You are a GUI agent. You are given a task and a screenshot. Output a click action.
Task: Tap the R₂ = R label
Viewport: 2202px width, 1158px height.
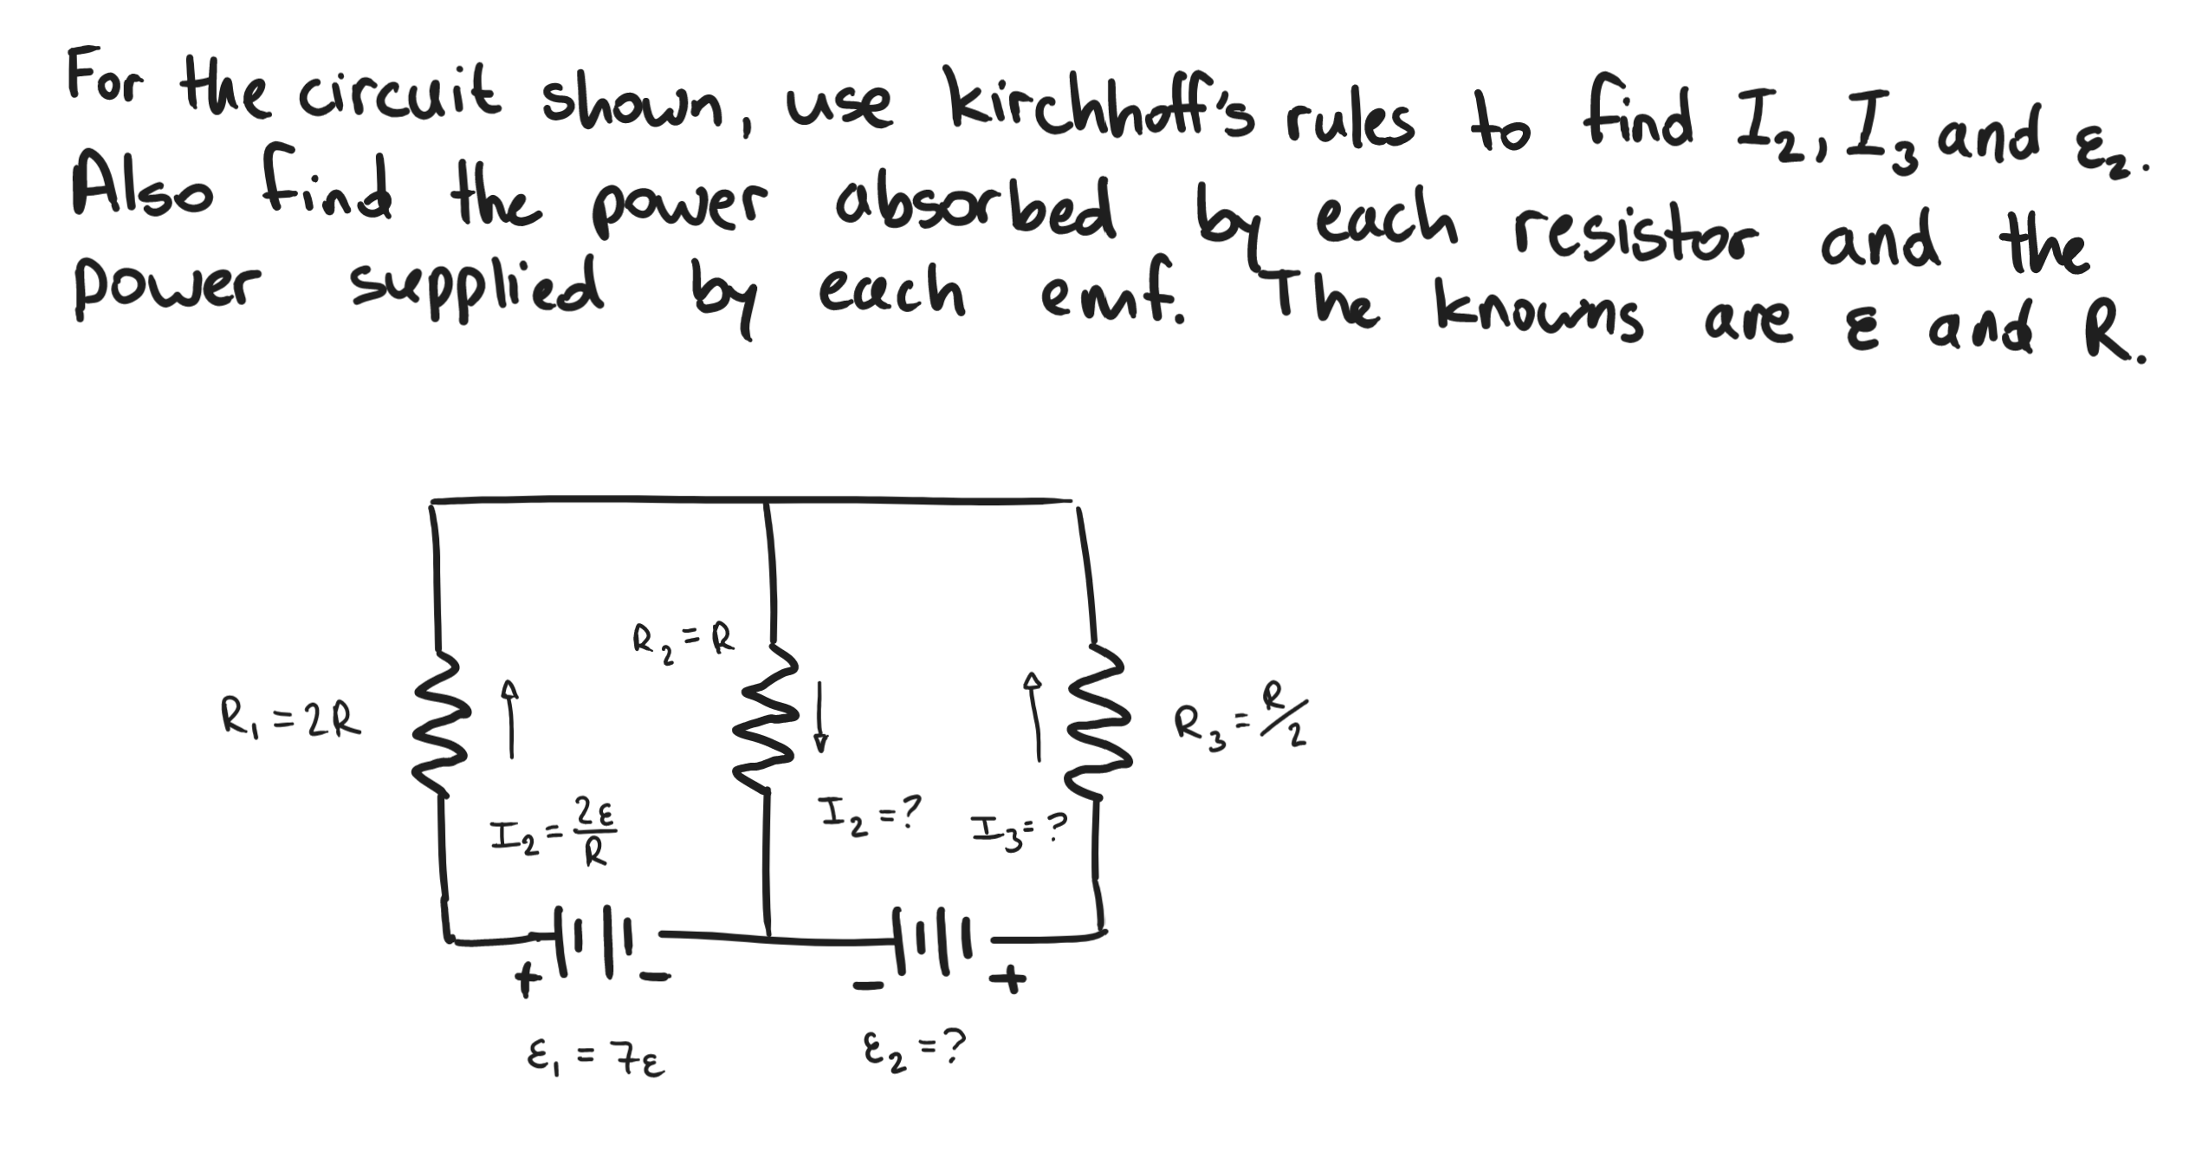[x=683, y=644]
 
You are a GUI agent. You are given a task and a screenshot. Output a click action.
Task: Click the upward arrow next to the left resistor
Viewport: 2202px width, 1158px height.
[x=511, y=719]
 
